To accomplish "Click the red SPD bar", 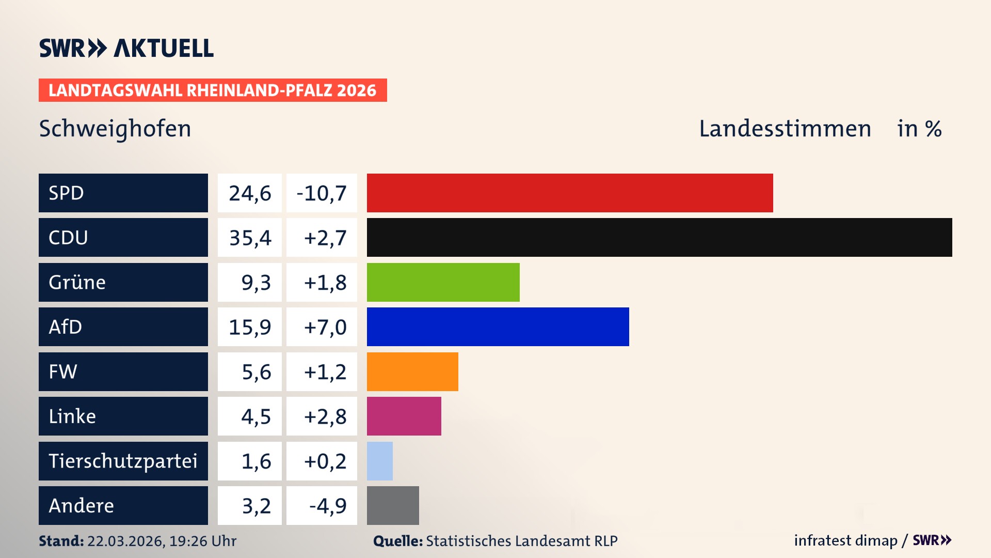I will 570,193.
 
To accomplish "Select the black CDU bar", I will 659,238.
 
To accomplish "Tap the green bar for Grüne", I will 443,282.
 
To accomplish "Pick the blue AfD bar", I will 498,327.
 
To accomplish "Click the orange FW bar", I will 412,371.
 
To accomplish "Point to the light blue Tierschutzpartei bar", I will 379,461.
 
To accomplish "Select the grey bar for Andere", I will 393,505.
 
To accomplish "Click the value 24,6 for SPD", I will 250,193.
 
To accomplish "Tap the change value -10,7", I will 322,193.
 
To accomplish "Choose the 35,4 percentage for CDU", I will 250,238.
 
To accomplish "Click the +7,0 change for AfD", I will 325,327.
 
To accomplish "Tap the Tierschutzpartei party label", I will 123,461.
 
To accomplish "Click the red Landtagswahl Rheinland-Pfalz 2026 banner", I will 213,90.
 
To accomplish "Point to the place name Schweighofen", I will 115,129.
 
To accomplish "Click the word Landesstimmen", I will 785,129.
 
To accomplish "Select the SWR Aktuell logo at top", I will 126,48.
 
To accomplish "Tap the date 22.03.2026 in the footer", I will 125,541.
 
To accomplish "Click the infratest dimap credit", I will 845,540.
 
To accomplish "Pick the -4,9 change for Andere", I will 327,506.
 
